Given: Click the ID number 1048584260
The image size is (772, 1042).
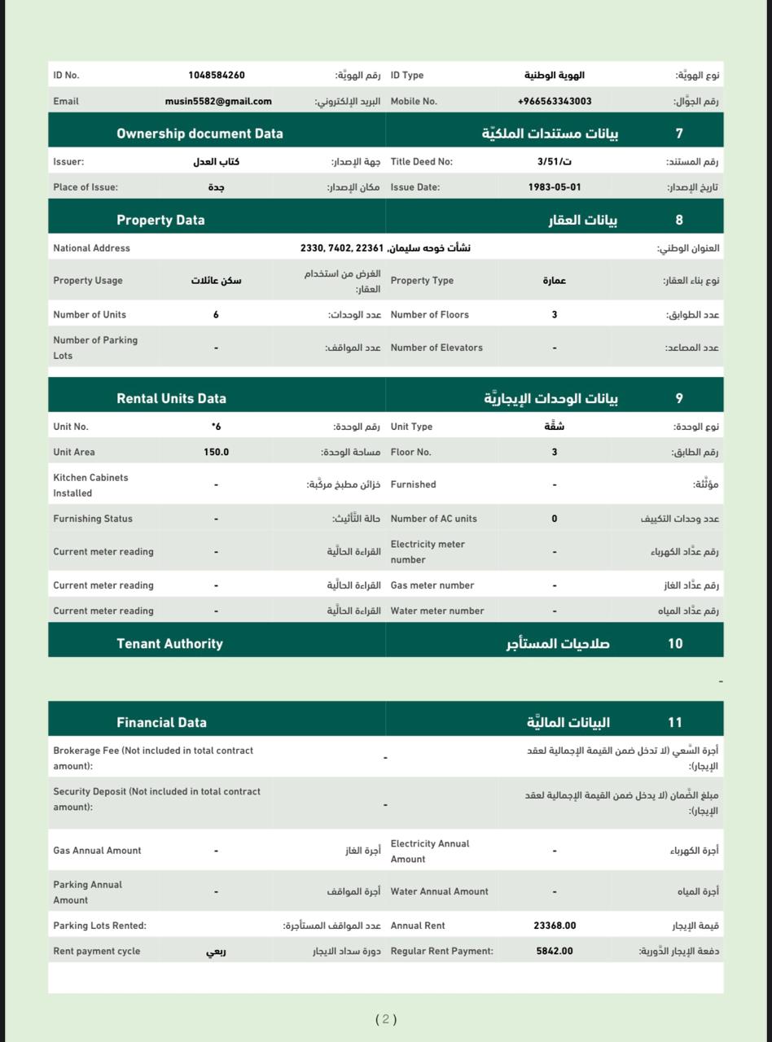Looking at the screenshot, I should [216, 75].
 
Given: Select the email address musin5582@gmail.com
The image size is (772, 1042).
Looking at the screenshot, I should [218, 101].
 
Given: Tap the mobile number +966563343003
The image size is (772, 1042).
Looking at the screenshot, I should [554, 101].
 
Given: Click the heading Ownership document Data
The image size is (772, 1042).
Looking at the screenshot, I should [200, 134].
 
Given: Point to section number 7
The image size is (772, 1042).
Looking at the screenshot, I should [679, 134].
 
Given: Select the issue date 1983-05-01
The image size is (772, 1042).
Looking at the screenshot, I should [554, 187].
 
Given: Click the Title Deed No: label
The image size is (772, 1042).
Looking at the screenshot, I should [421, 161].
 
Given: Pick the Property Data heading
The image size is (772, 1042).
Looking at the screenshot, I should [160, 220].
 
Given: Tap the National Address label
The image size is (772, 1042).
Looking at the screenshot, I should [91, 248].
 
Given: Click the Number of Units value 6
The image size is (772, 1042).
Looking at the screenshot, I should [216, 314].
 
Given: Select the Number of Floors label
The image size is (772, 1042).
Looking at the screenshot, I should [429, 314].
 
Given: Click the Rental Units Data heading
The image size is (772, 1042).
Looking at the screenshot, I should [171, 398].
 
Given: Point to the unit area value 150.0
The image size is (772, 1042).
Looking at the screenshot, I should [216, 452].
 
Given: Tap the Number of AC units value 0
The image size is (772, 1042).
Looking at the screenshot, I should [555, 519].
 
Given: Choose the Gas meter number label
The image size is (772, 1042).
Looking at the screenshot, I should [432, 585].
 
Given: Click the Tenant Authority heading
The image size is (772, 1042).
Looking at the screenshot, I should [169, 643].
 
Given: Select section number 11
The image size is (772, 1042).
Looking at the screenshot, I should [674, 722].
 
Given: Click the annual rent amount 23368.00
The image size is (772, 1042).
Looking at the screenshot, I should [555, 926].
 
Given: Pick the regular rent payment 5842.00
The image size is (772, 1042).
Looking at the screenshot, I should [555, 951].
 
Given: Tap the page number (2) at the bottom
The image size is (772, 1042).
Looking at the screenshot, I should [386, 1019].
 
